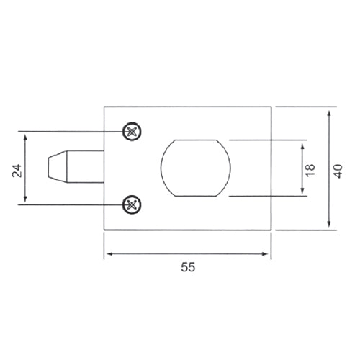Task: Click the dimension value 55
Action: click(x=187, y=267)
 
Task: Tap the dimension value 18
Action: click(x=310, y=169)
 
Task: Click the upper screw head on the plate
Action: click(x=131, y=132)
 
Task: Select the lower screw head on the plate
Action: click(x=131, y=205)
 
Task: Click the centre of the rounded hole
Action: click(x=197, y=167)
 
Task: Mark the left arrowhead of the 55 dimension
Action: click(x=107, y=254)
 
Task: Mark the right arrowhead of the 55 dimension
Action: click(x=269, y=254)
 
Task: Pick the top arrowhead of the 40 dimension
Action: click(x=329, y=111)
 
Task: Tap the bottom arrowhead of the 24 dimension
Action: click(x=27, y=202)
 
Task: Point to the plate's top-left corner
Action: click(x=104, y=107)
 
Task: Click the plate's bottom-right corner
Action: click(x=271, y=230)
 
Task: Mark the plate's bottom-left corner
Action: click(x=104, y=230)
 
